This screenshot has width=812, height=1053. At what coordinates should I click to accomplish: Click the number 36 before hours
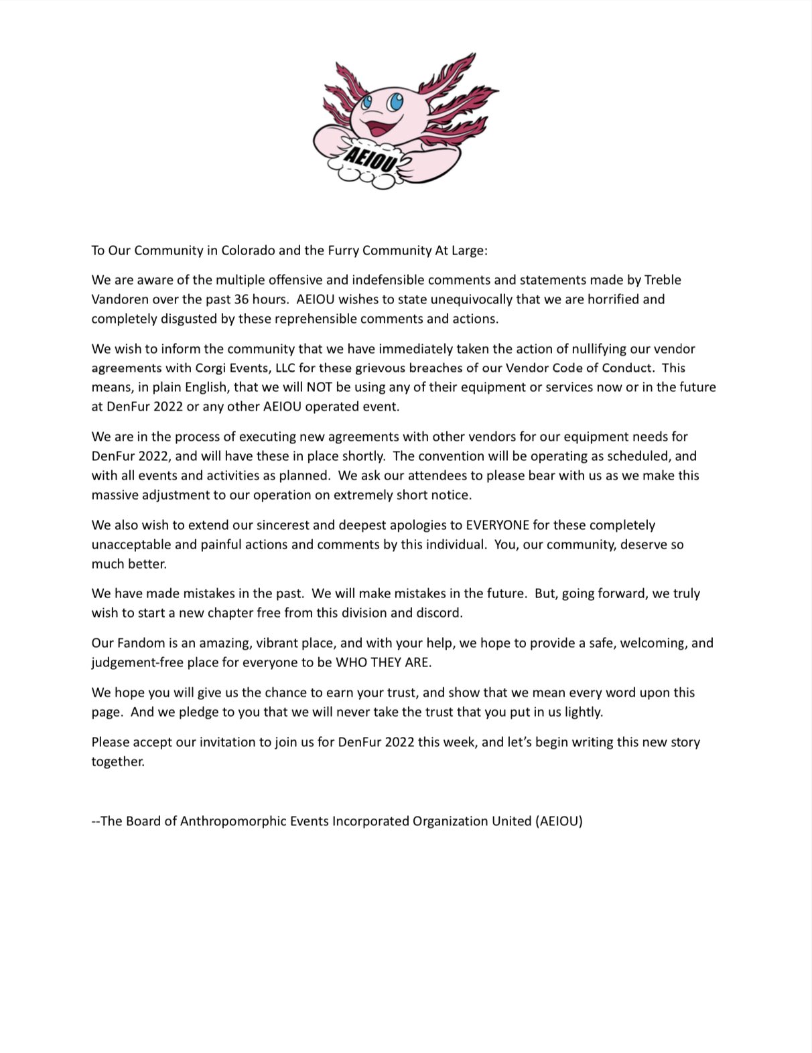point(241,299)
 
